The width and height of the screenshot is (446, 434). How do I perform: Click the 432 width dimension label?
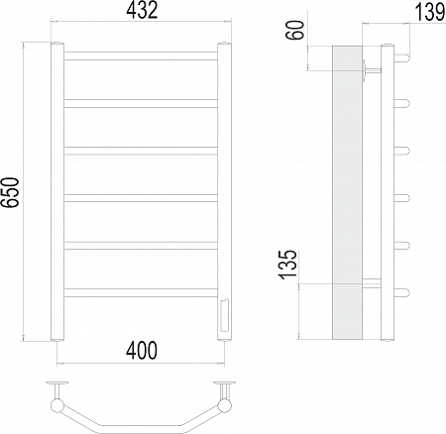142,11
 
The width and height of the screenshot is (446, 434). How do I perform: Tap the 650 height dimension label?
10,192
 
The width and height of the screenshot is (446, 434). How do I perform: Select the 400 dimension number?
142,351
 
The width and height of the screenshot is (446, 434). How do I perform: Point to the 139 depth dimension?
429,12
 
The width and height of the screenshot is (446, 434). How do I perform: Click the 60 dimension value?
294,30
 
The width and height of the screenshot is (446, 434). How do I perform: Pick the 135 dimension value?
288,265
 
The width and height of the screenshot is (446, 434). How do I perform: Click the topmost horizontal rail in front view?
141,55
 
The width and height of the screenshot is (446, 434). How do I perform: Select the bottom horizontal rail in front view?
141,293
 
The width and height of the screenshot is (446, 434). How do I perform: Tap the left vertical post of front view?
57,191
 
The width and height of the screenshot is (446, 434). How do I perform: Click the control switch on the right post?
223,315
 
